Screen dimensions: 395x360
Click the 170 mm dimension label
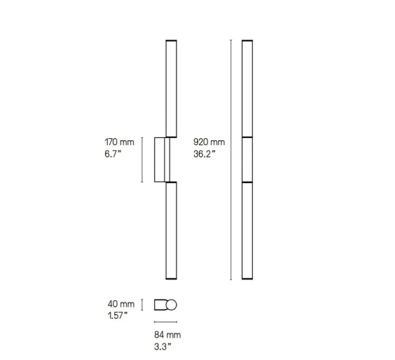(119, 142)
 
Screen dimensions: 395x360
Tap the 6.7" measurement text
(113, 153)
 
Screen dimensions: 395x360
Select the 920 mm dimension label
(209, 142)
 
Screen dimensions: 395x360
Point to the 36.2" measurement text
(204, 153)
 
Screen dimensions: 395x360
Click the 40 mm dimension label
(121, 304)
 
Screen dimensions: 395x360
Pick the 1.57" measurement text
(117, 315)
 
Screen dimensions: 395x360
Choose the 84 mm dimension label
(168, 335)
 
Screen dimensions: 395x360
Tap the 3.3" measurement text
(162, 347)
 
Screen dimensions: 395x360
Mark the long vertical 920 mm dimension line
(231, 160)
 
